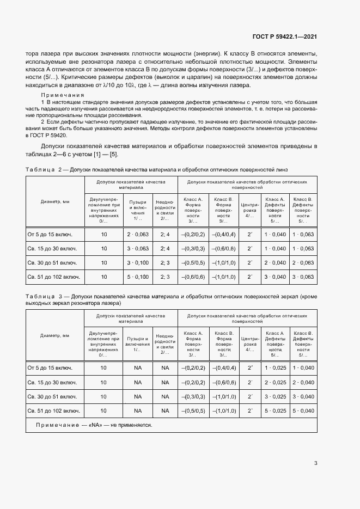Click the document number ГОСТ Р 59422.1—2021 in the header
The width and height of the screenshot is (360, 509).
[x=284, y=36]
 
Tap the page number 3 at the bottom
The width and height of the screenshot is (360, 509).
[x=316, y=463]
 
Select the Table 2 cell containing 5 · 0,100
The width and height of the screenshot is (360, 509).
[x=138, y=277]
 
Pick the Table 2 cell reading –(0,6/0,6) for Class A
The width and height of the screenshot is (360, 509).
[x=193, y=277]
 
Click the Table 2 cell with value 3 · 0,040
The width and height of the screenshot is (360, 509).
[x=274, y=277]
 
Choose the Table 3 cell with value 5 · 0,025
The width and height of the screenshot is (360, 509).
[x=274, y=410]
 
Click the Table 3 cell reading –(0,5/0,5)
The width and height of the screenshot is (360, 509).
[x=193, y=410]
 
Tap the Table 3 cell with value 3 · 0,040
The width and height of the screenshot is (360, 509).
[x=303, y=396]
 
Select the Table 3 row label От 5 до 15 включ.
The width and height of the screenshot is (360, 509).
[x=50, y=368]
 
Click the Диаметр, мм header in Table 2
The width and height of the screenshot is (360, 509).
[x=55, y=201]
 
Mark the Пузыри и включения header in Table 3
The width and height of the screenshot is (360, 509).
[x=137, y=341]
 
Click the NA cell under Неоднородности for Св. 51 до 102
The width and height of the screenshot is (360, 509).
[x=165, y=410]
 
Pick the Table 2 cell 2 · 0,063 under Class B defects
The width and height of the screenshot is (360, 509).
[x=303, y=263]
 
